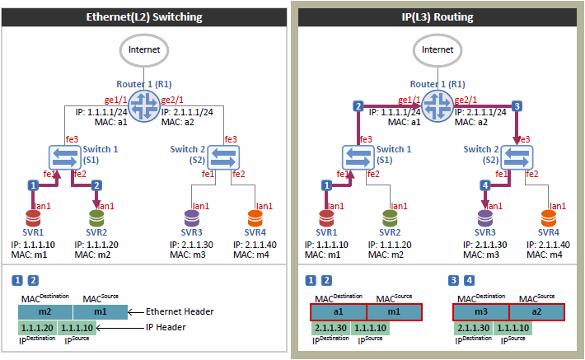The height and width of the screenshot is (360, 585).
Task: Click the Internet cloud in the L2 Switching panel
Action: [145, 49]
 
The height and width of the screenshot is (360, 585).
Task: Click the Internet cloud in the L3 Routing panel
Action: [438, 49]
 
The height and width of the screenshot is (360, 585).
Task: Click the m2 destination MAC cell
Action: [44, 311]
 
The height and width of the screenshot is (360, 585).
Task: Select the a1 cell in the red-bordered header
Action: [338, 311]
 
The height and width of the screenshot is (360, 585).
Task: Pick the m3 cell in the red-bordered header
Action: [481, 311]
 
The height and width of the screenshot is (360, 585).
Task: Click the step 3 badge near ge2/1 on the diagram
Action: [516, 105]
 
